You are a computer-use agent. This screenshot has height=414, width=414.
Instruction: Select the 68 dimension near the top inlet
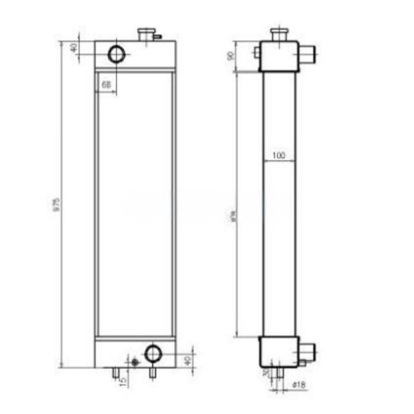[106, 85]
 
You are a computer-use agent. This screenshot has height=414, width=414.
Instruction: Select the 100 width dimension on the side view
[279, 156]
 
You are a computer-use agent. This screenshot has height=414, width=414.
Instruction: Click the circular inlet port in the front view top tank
[117, 54]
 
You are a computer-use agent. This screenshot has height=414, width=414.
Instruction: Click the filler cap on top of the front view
[145, 34]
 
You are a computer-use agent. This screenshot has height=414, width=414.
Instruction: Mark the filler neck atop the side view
[278, 34]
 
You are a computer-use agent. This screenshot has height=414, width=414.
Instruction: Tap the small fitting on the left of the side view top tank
[257, 53]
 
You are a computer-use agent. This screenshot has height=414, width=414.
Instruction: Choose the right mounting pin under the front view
[153, 372]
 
